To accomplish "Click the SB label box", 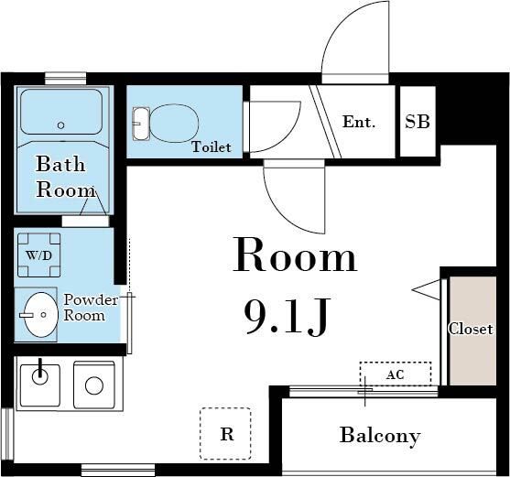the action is tap(418, 121).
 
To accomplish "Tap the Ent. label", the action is tap(359, 122).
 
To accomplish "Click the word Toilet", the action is tap(212, 147).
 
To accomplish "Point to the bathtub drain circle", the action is tap(60, 125).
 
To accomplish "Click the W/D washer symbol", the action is tap(39, 255).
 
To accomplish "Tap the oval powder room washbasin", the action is tap(41, 314).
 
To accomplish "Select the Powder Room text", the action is tap(91, 308).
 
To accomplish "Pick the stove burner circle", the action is tap(94, 385).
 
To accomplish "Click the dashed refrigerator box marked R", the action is tap(225, 434).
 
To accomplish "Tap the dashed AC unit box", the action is tap(396, 374).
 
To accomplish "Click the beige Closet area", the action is tap(472, 331).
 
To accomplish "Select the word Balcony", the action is tap(380, 436).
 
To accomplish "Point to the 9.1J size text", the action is tap(287, 317).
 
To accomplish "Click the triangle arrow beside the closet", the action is tap(426, 289).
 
